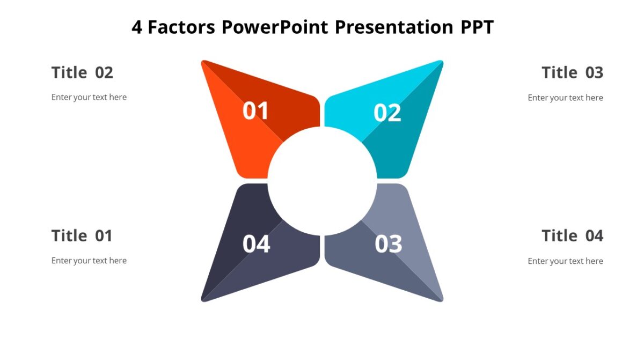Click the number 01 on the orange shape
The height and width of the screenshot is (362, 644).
click(x=255, y=111)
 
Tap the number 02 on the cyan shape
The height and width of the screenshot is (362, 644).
click(x=387, y=113)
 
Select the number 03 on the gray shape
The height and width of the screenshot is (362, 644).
click(x=388, y=244)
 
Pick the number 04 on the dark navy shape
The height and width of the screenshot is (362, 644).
click(x=256, y=244)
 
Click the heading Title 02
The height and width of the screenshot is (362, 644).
click(x=82, y=72)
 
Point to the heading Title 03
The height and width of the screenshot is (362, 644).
click(x=572, y=72)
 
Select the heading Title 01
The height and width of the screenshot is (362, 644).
click(x=82, y=235)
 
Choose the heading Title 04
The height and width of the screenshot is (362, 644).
click(x=572, y=235)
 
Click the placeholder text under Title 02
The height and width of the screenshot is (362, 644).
click(x=89, y=98)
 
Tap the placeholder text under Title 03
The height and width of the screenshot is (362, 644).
click(x=565, y=98)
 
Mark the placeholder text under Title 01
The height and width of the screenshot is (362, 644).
click(x=89, y=261)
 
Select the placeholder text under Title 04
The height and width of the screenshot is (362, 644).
click(x=565, y=261)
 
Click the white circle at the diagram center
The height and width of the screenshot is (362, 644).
click(x=322, y=181)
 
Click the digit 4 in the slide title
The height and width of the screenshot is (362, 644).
click(x=137, y=27)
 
